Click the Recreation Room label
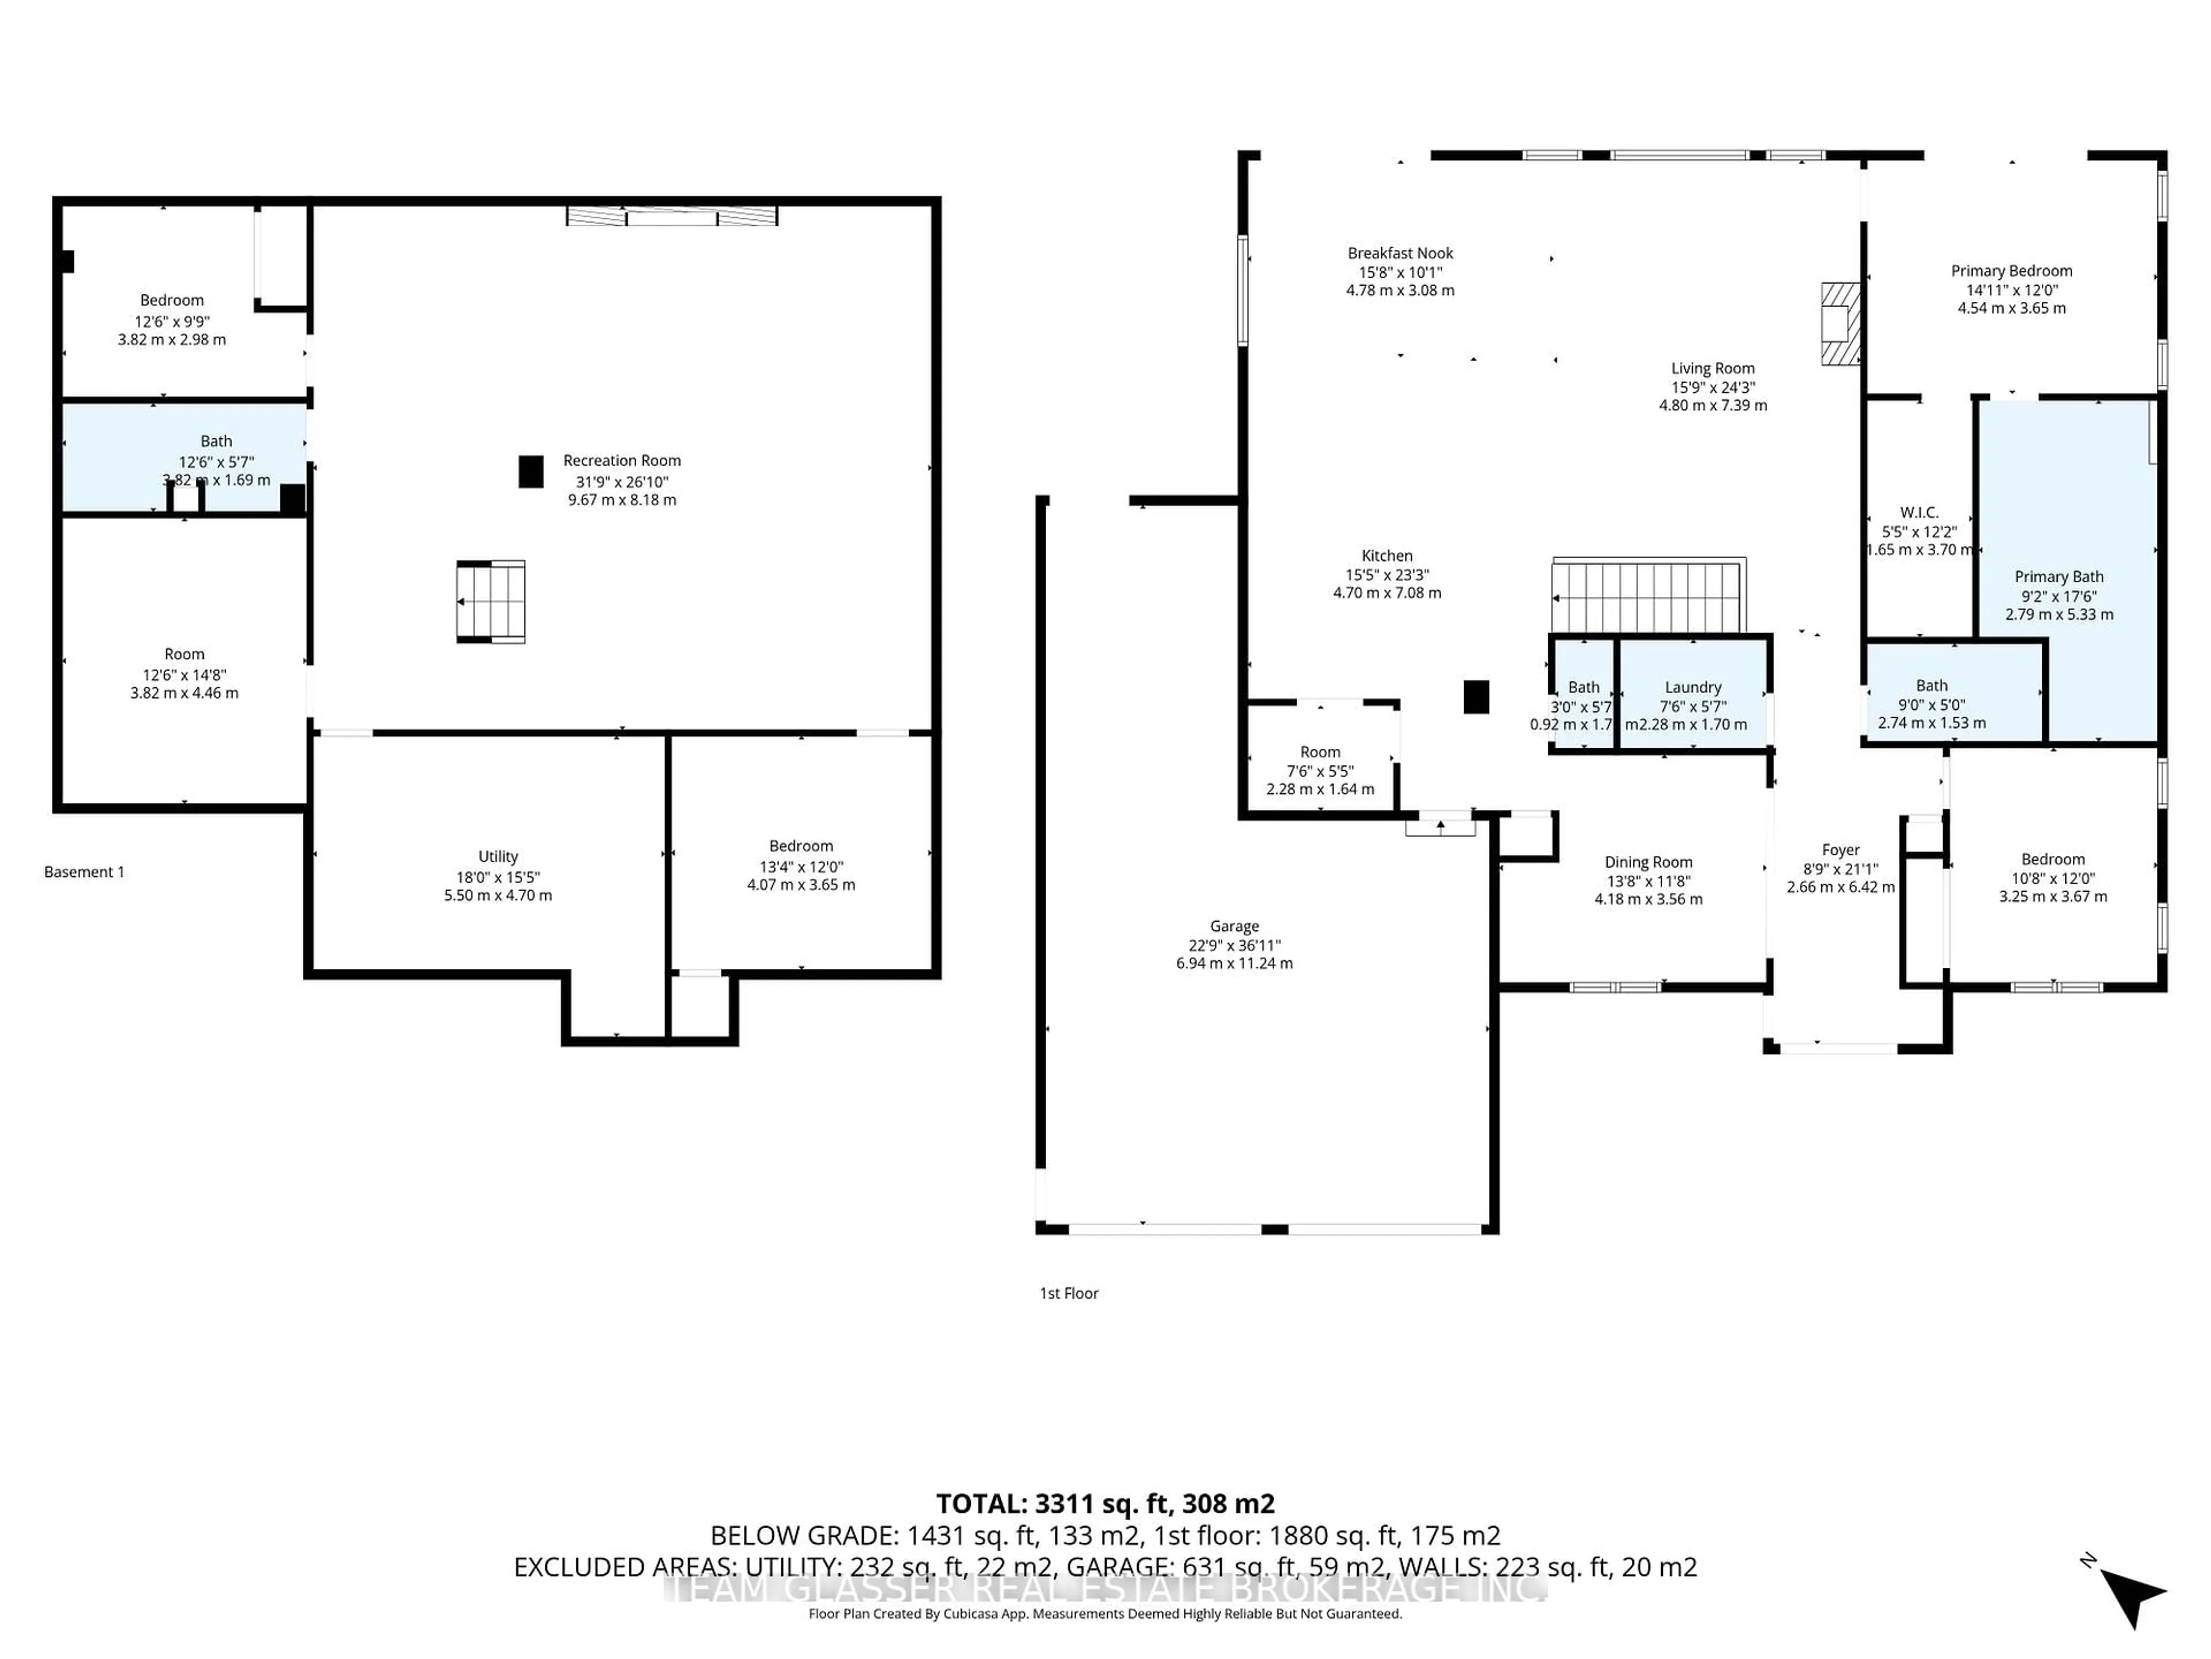pos(622,461)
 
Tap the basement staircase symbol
pos(491,601)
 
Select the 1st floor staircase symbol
pos(1648,597)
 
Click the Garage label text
pos(1234,926)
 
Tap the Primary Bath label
pos(2059,577)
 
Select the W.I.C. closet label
pos(1919,512)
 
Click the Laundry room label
pos(1693,687)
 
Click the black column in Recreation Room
pos(531,472)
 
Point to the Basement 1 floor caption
pos(84,872)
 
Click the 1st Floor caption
pos(1069,1293)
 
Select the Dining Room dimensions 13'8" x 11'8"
pos(1648,881)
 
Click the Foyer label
pos(1840,850)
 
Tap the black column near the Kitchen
pos(1476,697)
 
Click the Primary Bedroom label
pos(2011,271)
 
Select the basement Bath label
pos(216,441)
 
